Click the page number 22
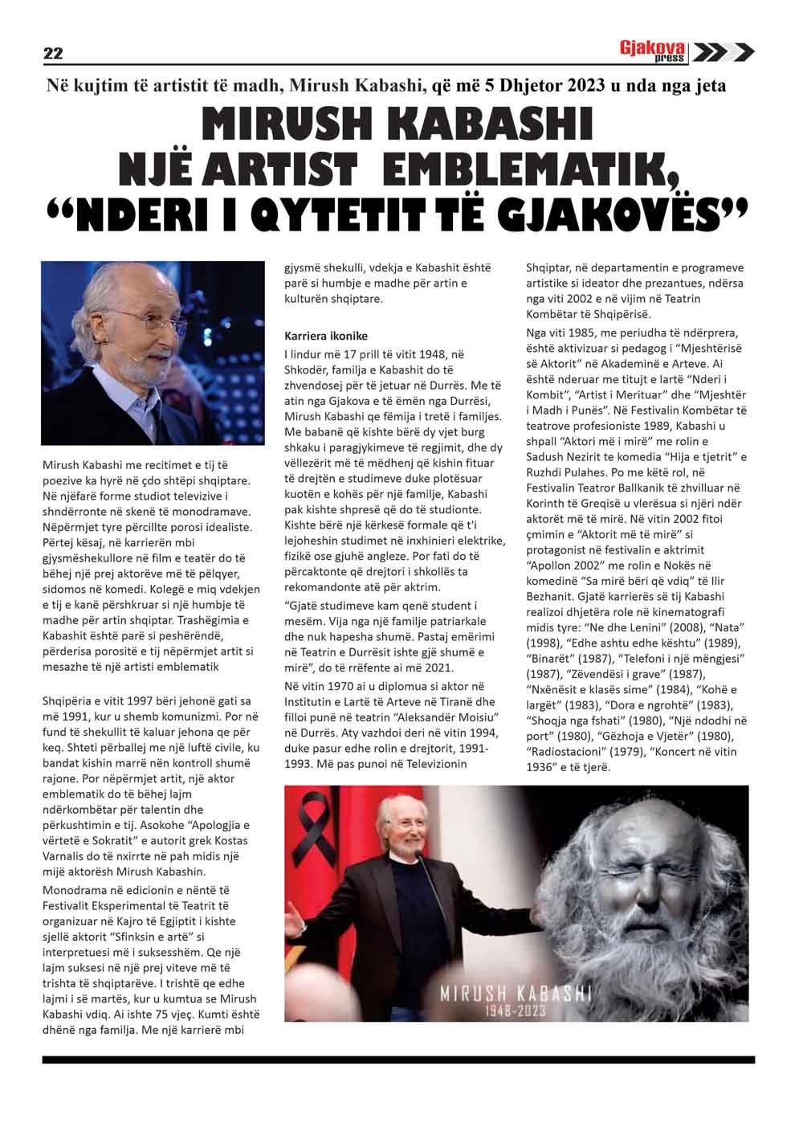[53, 54]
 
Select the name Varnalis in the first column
[64, 857]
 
